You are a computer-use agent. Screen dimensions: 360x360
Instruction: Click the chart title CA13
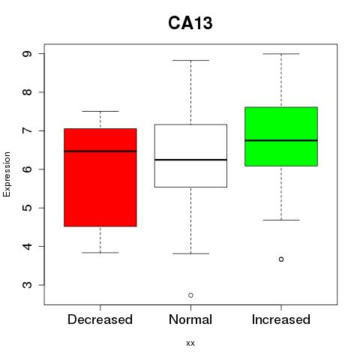click(x=190, y=23)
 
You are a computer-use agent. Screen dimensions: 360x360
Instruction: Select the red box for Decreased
click(x=100, y=178)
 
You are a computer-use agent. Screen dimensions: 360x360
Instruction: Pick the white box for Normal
click(x=190, y=156)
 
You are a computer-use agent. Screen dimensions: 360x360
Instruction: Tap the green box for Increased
click(x=281, y=136)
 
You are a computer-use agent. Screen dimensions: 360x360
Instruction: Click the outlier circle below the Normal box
click(x=190, y=295)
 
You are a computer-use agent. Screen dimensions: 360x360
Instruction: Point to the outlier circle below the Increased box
click(x=281, y=259)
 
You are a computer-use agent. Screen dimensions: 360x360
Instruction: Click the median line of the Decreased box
click(x=100, y=151)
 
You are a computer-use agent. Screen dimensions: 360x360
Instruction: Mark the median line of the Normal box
click(x=190, y=160)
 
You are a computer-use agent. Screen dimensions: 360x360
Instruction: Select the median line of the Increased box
click(x=281, y=140)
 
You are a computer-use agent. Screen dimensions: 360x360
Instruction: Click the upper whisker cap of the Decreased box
click(x=100, y=111)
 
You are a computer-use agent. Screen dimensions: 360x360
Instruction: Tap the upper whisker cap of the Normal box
click(x=190, y=60)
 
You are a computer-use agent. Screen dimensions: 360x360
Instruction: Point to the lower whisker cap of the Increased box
click(x=281, y=220)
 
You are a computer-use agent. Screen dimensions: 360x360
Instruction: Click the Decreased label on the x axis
click(x=100, y=319)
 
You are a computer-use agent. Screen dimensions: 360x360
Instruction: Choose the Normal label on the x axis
click(x=190, y=319)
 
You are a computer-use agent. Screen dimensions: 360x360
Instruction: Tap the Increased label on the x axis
click(x=281, y=319)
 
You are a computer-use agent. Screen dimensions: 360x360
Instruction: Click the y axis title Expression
click(x=7, y=174)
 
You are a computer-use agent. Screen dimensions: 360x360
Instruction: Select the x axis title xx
click(x=190, y=343)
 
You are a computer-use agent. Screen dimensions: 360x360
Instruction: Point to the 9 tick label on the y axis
click(x=28, y=54)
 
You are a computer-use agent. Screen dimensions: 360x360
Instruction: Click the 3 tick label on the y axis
click(x=28, y=285)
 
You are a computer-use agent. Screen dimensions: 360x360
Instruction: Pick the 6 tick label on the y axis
click(x=28, y=169)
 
